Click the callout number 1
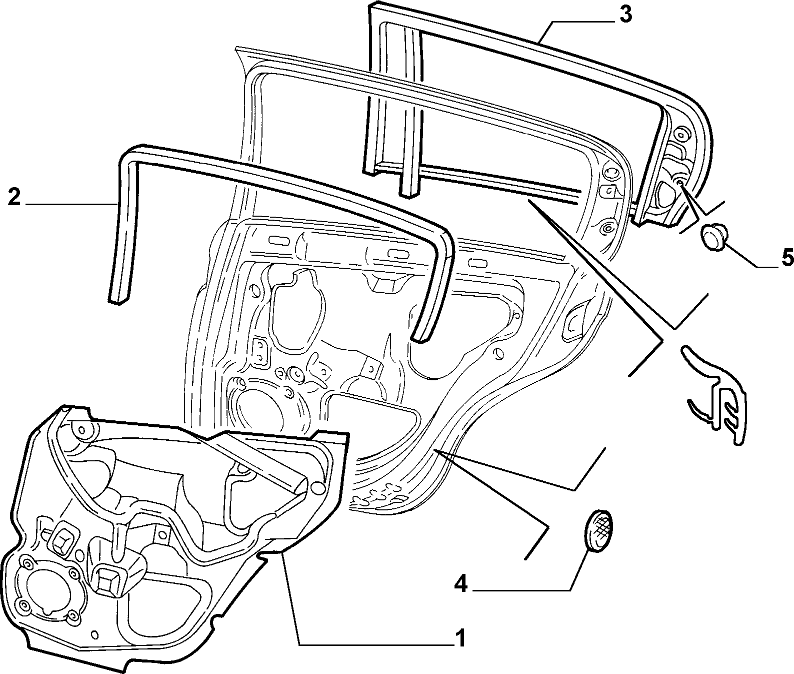(x=460, y=638)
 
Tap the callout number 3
(x=625, y=15)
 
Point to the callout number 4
(x=461, y=583)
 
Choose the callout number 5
(x=786, y=258)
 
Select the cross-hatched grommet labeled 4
(x=598, y=530)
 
